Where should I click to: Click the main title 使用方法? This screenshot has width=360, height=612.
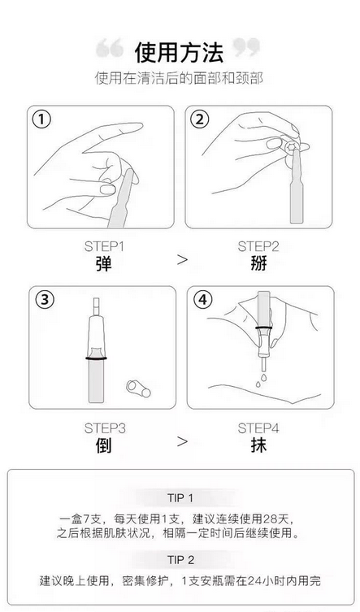pos(180,53)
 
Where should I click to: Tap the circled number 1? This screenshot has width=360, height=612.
pos(41,119)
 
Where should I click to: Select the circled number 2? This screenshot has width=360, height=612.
pos(200,119)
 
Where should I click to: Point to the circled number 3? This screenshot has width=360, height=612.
pos(45,300)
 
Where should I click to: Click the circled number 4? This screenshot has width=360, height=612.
pos(202,300)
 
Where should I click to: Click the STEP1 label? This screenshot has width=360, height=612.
pos(104,247)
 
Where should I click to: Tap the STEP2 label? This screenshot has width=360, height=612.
pos(258,247)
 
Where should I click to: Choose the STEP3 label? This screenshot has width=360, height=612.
pos(105,428)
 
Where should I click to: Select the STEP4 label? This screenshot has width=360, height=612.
pos(258,428)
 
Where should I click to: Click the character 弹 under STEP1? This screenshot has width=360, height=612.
pos(103,264)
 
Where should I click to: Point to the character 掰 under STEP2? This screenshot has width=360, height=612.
pos(258,264)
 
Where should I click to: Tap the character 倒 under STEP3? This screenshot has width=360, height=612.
pos(103,445)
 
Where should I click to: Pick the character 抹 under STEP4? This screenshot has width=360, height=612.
pos(258,445)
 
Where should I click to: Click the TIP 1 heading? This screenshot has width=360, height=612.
pos(180,498)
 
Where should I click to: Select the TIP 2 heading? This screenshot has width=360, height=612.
pos(180,560)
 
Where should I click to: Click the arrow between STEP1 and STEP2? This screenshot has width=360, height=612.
pos(182,259)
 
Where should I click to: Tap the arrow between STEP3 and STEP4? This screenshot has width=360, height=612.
pos(182,441)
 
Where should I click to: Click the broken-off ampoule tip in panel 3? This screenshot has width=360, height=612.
pos(139,388)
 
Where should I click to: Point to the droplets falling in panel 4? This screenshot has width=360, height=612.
pos(261,380)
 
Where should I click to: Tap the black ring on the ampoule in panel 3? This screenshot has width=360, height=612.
pos(96,358)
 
